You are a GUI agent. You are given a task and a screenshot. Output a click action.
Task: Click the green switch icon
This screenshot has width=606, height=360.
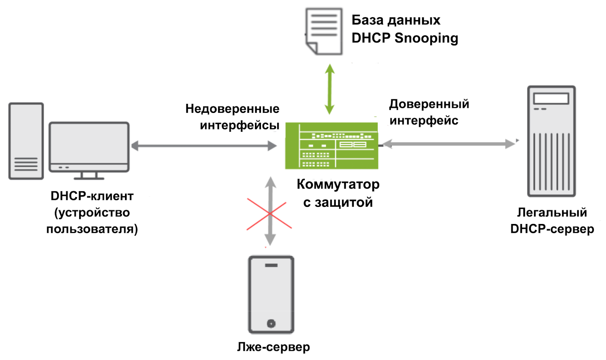(x=331, y=146)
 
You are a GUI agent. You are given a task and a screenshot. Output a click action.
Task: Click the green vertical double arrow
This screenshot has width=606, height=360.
(x=330, y=89)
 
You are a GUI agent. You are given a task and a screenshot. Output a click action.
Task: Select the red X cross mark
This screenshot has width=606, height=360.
(x=269, y=214)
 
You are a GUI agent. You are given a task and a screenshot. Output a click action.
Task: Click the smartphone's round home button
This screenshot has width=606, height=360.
(x=271, y=323)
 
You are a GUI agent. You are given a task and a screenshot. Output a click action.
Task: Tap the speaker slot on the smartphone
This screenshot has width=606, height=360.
(x=271, y=265)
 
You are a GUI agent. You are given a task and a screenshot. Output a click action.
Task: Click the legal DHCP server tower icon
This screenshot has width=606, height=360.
(x=551, y=141)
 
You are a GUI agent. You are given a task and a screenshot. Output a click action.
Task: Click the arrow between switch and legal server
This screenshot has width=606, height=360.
(x=449, y=144)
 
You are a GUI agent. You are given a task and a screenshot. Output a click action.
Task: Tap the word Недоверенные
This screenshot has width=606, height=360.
(x=232, y=109)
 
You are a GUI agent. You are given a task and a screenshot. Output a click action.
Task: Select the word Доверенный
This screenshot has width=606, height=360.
(x=429, y=104)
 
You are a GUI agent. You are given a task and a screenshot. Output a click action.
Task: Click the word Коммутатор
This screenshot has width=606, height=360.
(x=338, y=184)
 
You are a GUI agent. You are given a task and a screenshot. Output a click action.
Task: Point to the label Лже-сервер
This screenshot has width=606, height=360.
(x=273, y=346)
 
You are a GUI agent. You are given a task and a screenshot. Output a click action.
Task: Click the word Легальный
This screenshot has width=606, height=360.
(x=552, y=212)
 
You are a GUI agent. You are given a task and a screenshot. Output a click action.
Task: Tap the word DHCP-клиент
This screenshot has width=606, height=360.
(x=92, y=196)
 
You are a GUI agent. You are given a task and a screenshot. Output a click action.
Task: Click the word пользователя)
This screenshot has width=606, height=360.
(x=92, y=229)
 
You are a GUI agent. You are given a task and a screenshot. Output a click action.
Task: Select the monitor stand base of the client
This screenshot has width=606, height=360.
(x=89, y=177)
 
